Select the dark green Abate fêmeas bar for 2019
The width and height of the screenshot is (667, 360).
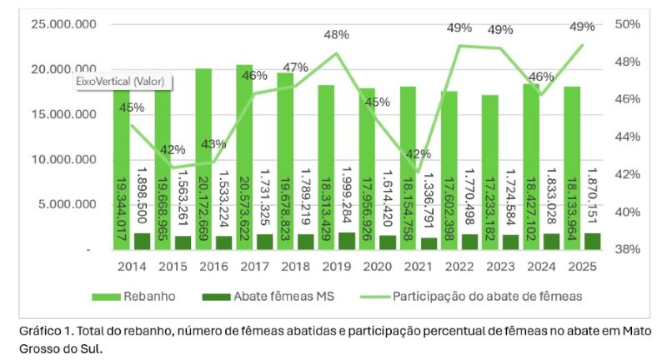pyautogui.click(x=347, y=241)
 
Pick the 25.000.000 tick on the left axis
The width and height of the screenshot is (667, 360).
pyautogui.click(x=63, y=24)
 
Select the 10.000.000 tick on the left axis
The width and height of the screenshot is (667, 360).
pyautogui.click(x=63, y=159)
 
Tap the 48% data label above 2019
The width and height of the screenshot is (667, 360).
pyautogui.click(x=336, y=35)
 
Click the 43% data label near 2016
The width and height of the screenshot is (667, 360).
pyautogui.click(x=213, y=144)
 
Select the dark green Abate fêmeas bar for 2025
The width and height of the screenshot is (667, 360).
pyautogui.click(x=593, y=241)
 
